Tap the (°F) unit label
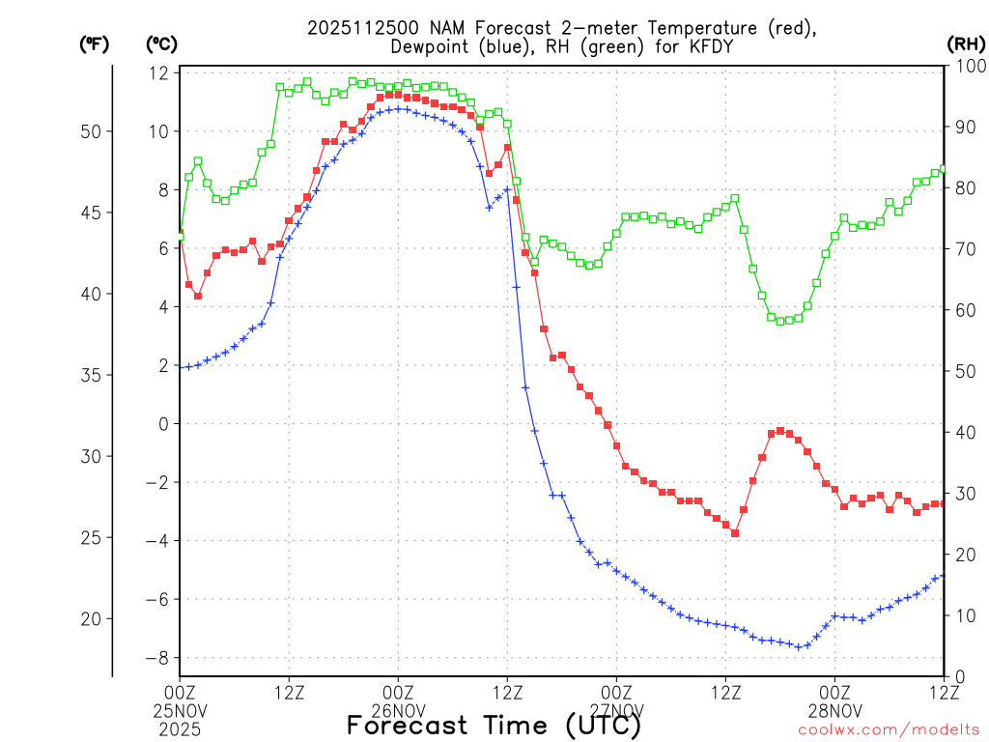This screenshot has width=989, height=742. point(94,43)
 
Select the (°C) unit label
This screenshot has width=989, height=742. point(160,43)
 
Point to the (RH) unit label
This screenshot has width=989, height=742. point(965,43)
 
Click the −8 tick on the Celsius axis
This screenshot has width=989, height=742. point(157,658)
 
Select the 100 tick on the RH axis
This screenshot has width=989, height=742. point(967,67)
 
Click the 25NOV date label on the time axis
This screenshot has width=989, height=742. point(180,710)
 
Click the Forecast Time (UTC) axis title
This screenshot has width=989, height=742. point(494,725)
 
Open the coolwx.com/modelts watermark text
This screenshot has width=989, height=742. point(889,729)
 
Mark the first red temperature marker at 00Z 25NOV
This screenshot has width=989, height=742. point(180,233)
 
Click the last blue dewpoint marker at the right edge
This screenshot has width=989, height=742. point(943,576)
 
